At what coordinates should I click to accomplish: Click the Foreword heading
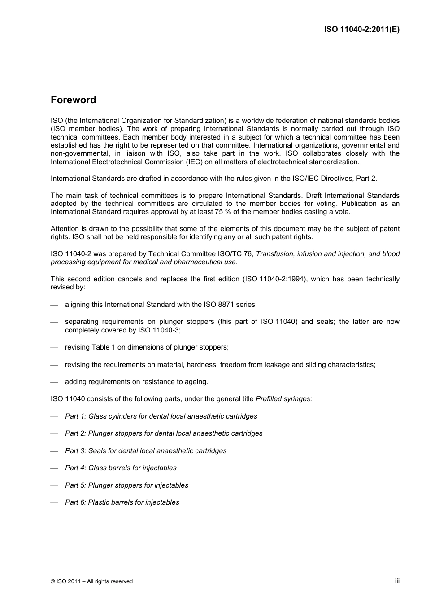(73, 100)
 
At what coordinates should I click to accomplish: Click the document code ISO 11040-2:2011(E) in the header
(361, 30)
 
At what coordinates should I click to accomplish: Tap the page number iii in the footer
(397, 581)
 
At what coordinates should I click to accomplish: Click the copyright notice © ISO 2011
(91, 581)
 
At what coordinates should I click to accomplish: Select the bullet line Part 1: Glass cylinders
(161, 416)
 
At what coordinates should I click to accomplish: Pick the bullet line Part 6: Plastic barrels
(122, 502)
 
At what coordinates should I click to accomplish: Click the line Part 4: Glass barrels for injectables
(121, 468)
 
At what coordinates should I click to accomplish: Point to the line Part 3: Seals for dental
(146, 451)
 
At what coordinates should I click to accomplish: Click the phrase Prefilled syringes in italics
(283, 399)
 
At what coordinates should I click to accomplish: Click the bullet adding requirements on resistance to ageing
(136, 382)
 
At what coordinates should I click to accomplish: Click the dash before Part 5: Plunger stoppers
(55, 486)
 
